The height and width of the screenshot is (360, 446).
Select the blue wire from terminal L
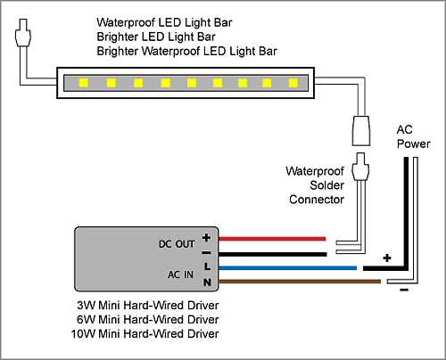pos(285,266)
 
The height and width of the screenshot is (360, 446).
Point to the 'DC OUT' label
pos(178,242)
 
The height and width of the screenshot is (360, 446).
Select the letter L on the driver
pos(206,266)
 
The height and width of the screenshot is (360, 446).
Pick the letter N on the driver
pos(206,283)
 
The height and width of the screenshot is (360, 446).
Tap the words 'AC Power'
pos(413,136)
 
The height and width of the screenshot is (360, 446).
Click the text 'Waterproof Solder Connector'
pos(315,184)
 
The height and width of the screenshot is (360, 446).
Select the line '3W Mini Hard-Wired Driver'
pos(147,306)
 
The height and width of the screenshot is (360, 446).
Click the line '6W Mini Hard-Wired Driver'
pos(147,319)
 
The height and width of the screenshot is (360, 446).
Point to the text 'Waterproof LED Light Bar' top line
pos(166,21)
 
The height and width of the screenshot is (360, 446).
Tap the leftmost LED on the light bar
pos(83,84)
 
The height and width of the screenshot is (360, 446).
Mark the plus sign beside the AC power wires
pos(387,258)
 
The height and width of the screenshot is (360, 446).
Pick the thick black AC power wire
pos(407,223)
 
